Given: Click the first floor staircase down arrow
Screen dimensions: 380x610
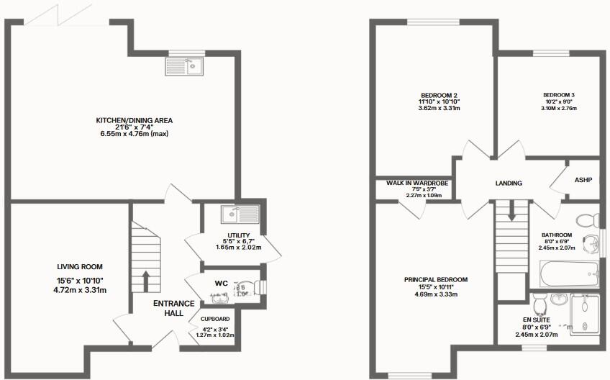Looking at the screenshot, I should [511, 212].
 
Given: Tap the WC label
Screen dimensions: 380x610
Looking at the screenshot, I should [221, 284].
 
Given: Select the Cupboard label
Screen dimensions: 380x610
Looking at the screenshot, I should [215, 319].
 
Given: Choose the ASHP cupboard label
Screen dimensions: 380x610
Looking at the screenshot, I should [583, 179].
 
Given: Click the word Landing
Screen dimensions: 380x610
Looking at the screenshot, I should [509, 184].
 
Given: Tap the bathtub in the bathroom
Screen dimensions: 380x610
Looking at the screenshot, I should [569, 274].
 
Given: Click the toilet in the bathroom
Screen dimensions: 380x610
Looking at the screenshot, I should [588, 220].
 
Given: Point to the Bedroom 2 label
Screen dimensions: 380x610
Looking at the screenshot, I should [439, 96].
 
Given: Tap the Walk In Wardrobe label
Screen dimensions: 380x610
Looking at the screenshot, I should [417, 184].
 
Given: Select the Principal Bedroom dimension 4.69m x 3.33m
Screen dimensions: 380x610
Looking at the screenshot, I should [435, 294].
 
